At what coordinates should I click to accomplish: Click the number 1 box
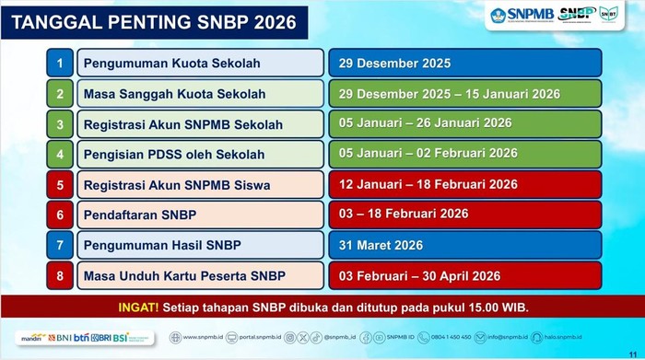[60, 64]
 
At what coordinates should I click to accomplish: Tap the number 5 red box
[60, 185]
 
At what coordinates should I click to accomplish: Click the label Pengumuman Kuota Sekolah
[172, 64]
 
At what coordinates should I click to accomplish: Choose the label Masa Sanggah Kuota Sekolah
[174, 94]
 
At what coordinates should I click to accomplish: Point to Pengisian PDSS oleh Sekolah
[174, 155]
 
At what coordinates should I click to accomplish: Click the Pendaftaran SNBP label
[140, 215]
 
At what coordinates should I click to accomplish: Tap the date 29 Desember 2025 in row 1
[394, 64]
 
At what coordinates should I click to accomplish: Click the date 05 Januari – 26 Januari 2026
[425, 123]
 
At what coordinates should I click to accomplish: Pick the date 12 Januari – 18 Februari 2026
[428, 184]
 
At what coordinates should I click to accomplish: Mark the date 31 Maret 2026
[381, 245]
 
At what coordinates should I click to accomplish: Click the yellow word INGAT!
[138, 307]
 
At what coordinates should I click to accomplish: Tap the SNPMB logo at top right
[522, 15]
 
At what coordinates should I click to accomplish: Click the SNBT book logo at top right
[609, 14]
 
